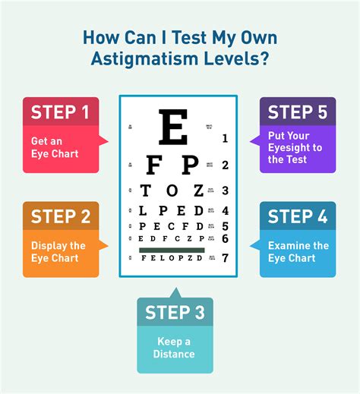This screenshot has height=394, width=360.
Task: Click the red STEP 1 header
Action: coord(60,112)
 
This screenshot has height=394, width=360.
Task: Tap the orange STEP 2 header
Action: coord(60,216)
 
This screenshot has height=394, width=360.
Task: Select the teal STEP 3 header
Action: coord(175,312)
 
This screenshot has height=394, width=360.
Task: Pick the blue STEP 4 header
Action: coord(298,216)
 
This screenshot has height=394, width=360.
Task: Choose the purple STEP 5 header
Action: coord(298,112)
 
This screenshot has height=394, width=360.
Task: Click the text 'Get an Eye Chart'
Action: coord(55,147)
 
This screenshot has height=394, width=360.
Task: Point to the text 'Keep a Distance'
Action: coord(174,348)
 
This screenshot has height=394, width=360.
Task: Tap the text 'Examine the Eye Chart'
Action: coord(298,251)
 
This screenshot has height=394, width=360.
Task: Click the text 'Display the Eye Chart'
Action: coord(58,251)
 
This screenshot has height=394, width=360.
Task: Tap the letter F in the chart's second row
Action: coord(152,165)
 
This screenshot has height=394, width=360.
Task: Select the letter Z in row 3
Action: coord(199,191)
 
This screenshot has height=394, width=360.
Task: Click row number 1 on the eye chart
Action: coord(225,138)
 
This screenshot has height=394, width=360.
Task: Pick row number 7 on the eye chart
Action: coord(225,258)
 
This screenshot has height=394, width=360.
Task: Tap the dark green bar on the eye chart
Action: coord(172,249)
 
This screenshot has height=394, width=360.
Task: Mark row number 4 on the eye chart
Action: coord(225,210)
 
